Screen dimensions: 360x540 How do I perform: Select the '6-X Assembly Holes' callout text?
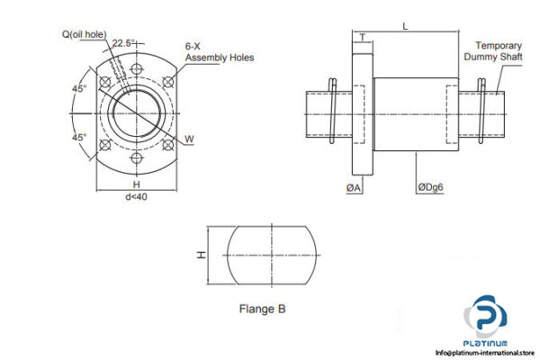click(x=219, y=51)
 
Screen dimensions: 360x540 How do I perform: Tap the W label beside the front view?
click(x=189, y=139)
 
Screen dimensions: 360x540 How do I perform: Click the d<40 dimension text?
click(x=137, y=196)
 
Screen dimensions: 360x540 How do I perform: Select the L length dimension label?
click(x=405, y=28)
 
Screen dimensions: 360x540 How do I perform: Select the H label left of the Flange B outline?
click(x=202, y=255)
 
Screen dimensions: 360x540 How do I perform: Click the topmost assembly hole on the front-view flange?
click(x=137, y=65)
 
